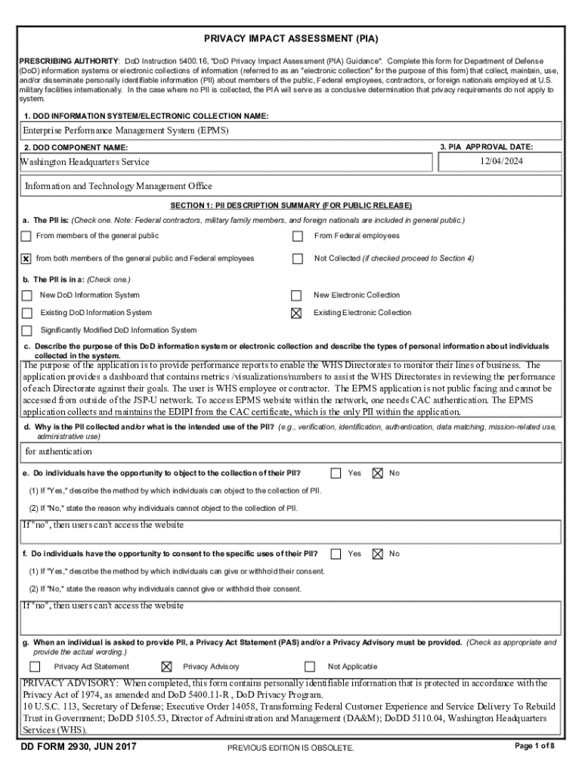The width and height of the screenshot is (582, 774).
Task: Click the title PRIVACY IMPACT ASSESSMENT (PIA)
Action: (292, 38)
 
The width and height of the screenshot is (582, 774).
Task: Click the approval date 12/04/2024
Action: (501, 161)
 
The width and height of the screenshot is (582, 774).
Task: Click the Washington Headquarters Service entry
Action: (85, 162)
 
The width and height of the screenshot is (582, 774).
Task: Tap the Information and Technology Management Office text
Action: (119, 186)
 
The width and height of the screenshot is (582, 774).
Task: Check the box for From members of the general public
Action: (26, 237)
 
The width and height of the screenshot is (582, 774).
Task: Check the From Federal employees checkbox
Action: (298, 237)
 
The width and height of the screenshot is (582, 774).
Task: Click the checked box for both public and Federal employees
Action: (26, 259)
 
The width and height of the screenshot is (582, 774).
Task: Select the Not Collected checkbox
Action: (298, 259)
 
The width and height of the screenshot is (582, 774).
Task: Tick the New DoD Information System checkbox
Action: (27, 296)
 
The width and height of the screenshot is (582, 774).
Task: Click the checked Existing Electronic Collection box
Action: (297, 313)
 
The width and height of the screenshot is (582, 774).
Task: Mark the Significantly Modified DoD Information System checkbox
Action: (27, 330)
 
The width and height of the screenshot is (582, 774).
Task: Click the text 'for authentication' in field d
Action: (57, 451)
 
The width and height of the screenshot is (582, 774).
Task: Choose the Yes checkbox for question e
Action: (336, 473)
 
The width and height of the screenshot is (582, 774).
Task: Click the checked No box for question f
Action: (377, 554)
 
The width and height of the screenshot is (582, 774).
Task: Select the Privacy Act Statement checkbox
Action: (35, 667)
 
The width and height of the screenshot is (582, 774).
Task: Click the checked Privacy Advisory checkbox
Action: (166, 667)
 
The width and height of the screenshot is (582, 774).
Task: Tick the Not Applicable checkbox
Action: (310, 667)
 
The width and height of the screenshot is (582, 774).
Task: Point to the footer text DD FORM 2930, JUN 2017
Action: (79, 748)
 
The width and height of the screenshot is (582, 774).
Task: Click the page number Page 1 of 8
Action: (534, 746)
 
